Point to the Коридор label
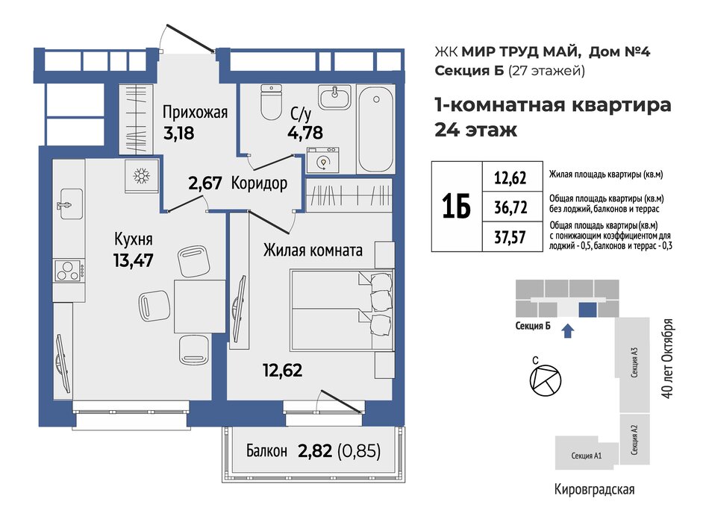pyautogui.click(x=259, y=184)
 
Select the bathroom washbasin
pyautogui.click(x=333, y=98)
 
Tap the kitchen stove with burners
pyautogui.click(x=67, y=270)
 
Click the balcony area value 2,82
pyautogui.click(x=313, y=450)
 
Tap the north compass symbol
pyautogui.click(x=543, y=380)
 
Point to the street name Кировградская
pyautogui.click(x=594, y=489)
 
